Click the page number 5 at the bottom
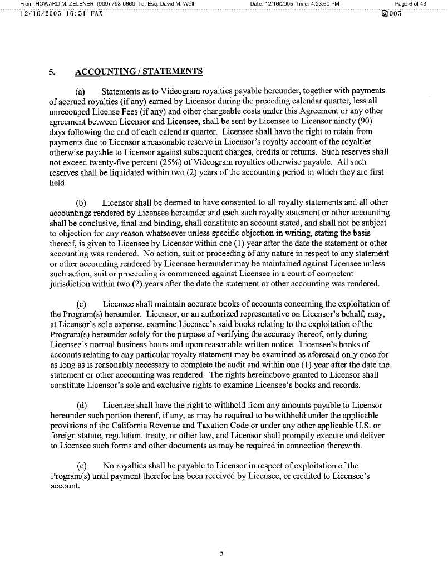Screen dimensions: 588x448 (221, 553)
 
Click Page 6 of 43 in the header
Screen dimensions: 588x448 (410, 4)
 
